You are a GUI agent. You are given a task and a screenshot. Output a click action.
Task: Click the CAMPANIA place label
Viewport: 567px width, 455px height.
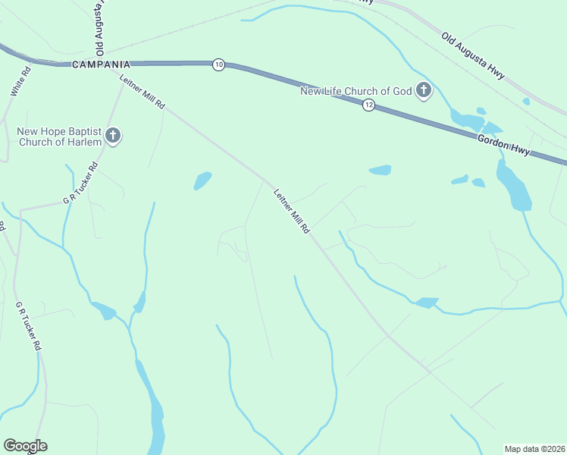point(101,65)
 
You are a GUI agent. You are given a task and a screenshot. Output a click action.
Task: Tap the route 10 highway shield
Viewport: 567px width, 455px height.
point(218,65)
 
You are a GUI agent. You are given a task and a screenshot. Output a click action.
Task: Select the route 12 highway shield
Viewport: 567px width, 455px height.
point(368,105)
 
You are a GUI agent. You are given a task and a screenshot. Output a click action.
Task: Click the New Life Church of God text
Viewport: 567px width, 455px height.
point(356,92)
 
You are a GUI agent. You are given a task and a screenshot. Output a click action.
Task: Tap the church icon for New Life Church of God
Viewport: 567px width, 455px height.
point(423,92)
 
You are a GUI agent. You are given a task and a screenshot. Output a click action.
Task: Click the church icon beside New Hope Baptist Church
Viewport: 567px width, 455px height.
point(113,136)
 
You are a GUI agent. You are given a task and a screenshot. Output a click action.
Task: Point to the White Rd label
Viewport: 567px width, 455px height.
point(20,81)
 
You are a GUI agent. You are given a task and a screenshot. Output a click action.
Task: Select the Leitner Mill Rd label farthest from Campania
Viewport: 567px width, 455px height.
point(292,211)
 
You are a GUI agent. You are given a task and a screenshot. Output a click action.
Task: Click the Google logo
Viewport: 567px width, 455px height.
point(25,446)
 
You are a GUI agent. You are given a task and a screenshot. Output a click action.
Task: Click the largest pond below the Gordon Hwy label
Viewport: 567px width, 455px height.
point(514,186)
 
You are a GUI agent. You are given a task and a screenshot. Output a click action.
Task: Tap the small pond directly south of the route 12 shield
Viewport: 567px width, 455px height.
point(380,170)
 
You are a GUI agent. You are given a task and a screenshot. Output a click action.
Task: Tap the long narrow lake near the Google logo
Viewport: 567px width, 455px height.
point(155,413)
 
